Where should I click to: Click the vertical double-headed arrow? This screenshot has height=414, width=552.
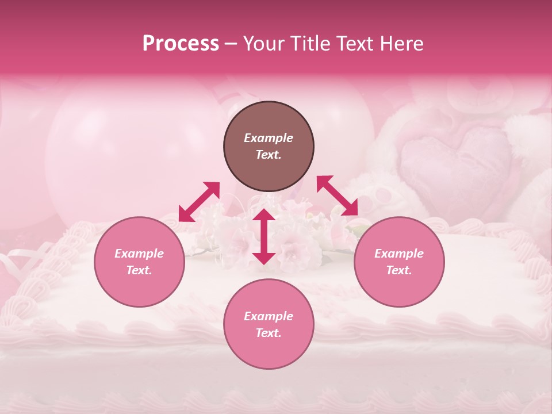[x=264, y=236]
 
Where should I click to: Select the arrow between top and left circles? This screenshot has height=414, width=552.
[x=199, y=202]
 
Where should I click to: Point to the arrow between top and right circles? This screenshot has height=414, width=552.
[x=337, y=195]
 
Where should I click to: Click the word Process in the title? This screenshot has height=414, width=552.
[x=181, y=44]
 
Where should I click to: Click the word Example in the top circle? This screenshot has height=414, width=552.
[x=269, y=138]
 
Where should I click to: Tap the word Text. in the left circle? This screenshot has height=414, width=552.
[x=139, y=270]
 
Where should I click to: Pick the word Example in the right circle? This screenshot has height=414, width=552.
[x=399, y=254]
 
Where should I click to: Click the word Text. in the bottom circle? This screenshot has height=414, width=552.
[x=269, y=333]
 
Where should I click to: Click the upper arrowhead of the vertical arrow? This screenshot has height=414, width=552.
[x=264, y=214]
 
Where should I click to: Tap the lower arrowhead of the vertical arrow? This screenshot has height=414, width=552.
[x=264, y=258]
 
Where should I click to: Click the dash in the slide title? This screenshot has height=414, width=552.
[x=231, y=44]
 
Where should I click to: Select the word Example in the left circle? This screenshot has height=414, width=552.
[x=139, y=254]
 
